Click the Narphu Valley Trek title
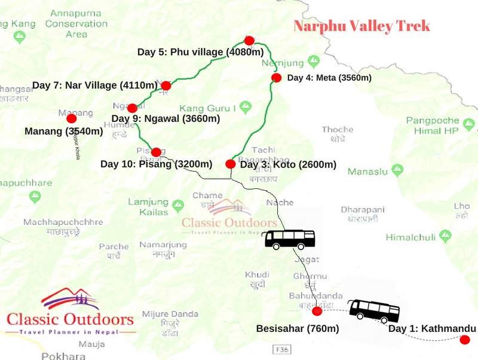pyautogui.click(x=361, y=26)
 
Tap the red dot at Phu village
pyautogui.click(x=249, y=41)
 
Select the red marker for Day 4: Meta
pyautogui.click(x=276, y=78)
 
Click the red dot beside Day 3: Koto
pyautogui.click(x=230, y=164)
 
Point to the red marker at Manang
pyautogui.click(x=71, y=118)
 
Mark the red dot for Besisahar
pyautogui.click(x=317, y=311)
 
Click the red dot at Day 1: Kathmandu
pyautogui.click(x=464, y=340)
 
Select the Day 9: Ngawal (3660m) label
pyautogui.click(x=166, y=118)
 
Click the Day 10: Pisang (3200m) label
pyautogui.click(x=157, y=164)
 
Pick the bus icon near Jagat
pyautogui.click(x=290, y=239)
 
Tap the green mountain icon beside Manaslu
pyautogui.click(x=396, y=172)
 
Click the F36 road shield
pyautogui.click(x=280, y=349)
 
